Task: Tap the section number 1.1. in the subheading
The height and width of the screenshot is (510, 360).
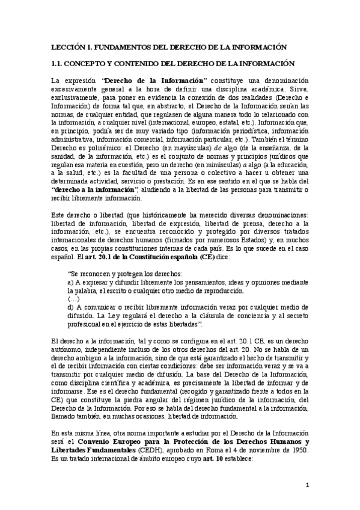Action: [58, 63]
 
